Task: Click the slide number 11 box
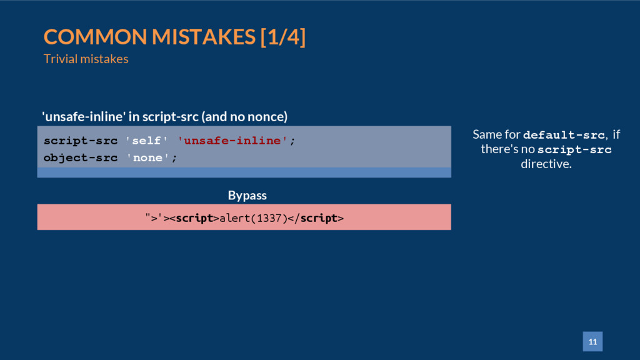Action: [592, 341]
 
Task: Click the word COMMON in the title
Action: [95, 37]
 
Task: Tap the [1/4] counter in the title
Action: [283, 37]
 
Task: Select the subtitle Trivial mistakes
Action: [86, 59]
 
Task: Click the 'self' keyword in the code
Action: [146, 141]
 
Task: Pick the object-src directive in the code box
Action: [81, 158]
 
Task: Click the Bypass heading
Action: [247, 195]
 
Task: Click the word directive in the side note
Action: [546, 164]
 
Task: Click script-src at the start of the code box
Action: [81, 141]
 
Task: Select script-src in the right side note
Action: [574, 150]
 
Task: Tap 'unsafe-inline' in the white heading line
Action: [84, 117]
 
